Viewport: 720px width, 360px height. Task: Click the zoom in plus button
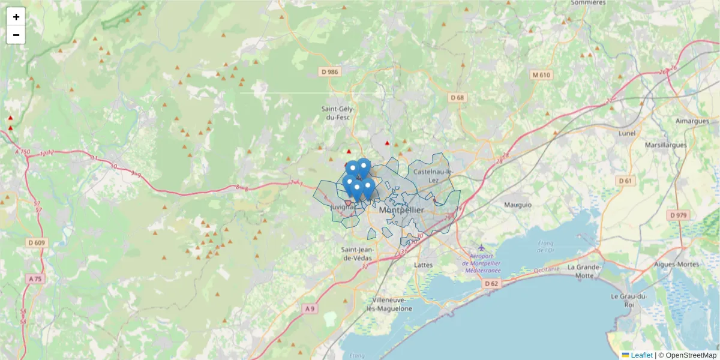[x=16, y=17]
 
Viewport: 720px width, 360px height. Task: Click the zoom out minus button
[x=16, y=35]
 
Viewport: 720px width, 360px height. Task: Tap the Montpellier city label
[x=401, y=211]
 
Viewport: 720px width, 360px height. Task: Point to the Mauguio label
[x=518, y=205]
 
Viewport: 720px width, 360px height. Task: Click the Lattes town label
[x=424, y=265]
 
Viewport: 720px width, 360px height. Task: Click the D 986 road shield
[x=330, y=72]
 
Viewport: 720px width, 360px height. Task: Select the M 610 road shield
[x=541, y=75]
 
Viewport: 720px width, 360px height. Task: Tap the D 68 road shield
[x=458, y=97]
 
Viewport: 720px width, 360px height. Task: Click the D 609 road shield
[x=37, y=243]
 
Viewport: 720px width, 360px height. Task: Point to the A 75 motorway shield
[x=35, y=279]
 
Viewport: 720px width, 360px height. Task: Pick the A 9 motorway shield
[x=309, y=308]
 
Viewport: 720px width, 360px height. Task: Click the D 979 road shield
[x=679, y=215]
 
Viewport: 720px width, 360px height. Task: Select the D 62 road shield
[x=491, y=283]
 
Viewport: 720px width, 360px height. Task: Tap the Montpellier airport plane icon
[x=481, y=247]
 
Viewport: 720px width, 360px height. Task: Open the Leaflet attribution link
[x=641, y=355]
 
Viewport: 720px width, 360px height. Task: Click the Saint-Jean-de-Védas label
[x=356, y=253]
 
